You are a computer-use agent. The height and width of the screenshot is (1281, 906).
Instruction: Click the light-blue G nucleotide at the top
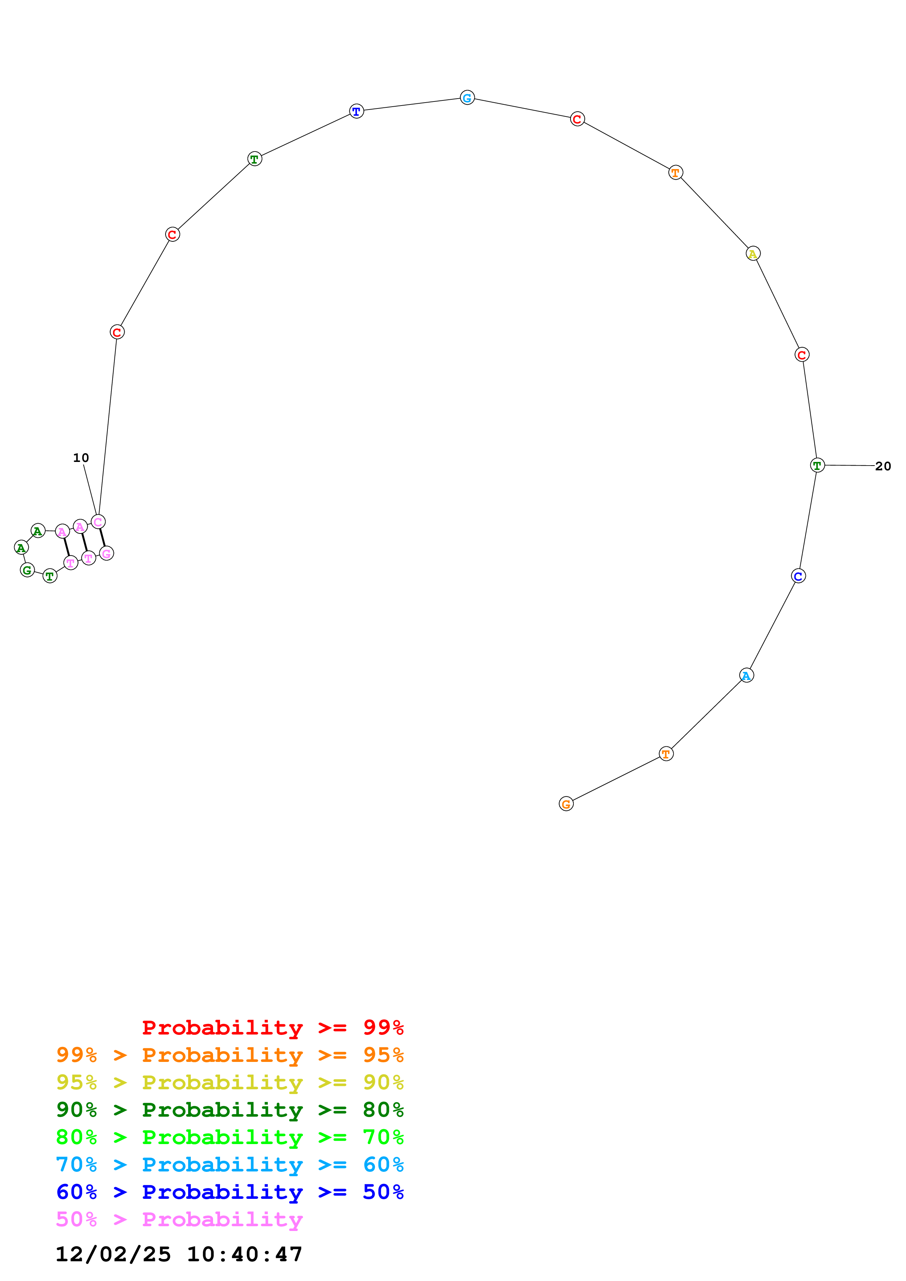coord(467,97)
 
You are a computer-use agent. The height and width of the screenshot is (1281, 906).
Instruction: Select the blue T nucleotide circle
coord(356,111)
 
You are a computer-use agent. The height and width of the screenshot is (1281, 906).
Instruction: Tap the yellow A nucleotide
coord(753,253)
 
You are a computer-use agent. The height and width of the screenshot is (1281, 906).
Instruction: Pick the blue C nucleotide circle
coord(798,576)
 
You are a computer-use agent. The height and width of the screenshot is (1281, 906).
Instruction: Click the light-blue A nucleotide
coord(746,675)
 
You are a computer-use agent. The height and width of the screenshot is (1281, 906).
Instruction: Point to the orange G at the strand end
coord(566,803)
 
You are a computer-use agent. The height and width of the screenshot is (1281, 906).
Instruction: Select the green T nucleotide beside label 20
coord(817,465)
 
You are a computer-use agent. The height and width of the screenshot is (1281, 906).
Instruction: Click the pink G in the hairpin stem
coord(106,554)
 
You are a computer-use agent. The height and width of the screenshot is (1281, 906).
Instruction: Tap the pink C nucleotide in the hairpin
coord(98,522)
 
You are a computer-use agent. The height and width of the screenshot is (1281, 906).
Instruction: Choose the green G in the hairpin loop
coord(27,570)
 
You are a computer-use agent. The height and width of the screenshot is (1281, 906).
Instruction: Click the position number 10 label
coord(81,458)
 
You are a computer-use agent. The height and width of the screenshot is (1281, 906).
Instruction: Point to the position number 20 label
coord(883,466)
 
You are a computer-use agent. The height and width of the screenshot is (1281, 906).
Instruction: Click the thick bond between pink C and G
coord(102,537)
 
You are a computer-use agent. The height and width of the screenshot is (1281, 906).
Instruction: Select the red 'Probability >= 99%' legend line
coord(272,1028)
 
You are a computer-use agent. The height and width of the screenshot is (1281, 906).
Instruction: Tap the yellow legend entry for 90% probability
coord(230,1082)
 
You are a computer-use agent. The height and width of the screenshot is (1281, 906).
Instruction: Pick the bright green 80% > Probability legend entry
coord(230,1137)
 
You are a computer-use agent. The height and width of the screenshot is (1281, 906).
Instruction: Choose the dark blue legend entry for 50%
coord(230,1192)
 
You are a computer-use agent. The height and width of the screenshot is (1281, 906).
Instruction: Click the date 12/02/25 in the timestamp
coord(113,1254)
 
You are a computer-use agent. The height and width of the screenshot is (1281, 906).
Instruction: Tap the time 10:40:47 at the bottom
coord(244,1254)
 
